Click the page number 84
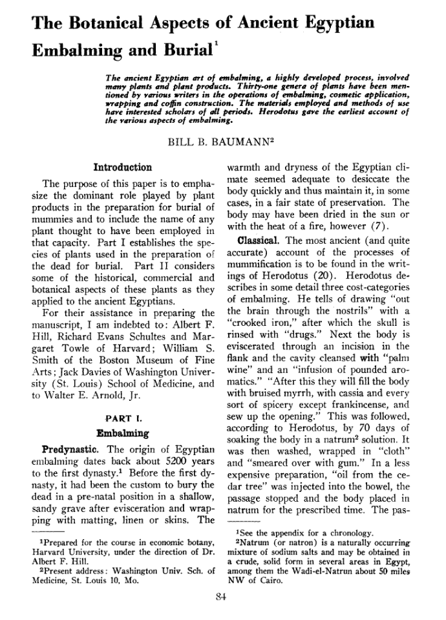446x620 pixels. point(222,596)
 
